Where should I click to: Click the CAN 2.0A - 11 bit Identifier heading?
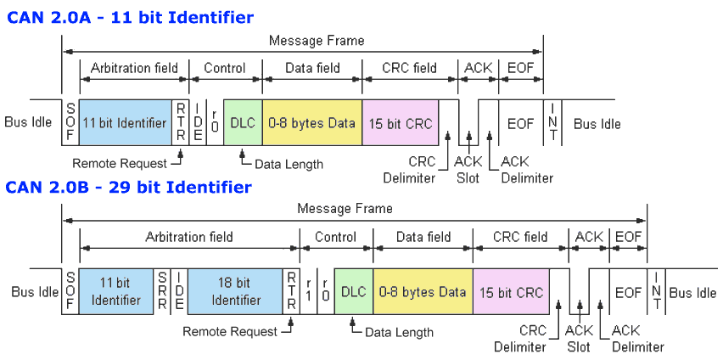(x=130, y=16)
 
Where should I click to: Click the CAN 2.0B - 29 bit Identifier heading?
(x=129, y=186)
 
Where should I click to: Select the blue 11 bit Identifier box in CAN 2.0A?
(x=124, y=123)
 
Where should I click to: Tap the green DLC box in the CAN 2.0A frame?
(x=243, y=123)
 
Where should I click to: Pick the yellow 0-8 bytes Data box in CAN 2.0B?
(x=423, y=292)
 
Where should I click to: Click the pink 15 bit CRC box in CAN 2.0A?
(x=400, y=123)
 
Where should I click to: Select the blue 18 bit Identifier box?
(x=235, y=292)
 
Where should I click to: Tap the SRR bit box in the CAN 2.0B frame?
(x=162, y=292)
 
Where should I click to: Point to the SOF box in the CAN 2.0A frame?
(x=70, y=123)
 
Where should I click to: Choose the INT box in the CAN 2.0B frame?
(x=656, y=292)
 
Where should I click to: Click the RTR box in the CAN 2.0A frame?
(x=180, y=123)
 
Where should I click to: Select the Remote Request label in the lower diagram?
(x=230, y=331)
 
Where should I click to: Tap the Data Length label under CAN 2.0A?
(x=288, y=164)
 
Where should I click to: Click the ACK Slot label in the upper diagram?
(x=468, y=170)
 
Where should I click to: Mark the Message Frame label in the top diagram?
(x=316, y=40)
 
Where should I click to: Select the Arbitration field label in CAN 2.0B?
(x=188, y=237)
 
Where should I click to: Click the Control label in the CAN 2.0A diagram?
(x=225, y=68)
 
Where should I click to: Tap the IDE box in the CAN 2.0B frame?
(x=179, y=292)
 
